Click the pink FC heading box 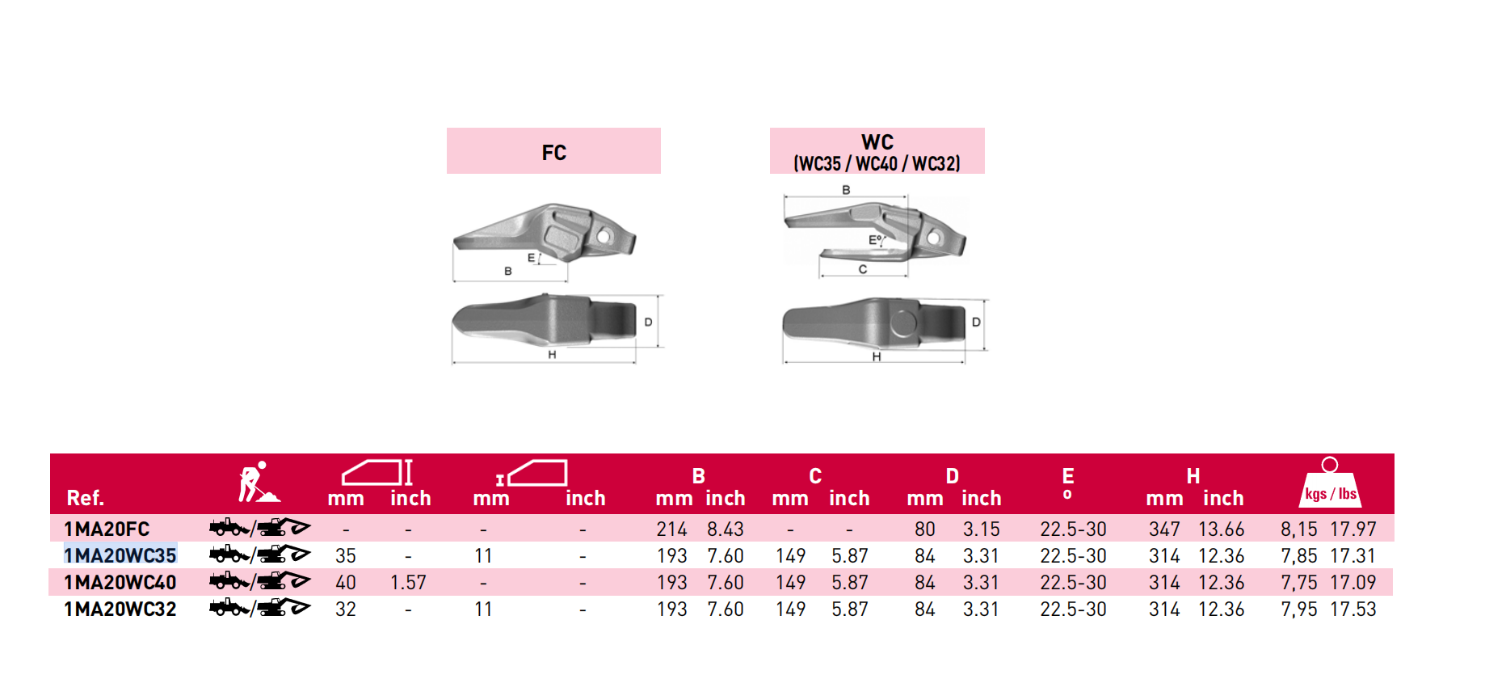pos(553,150)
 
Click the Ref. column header pos(85,498)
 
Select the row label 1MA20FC pos(107,529)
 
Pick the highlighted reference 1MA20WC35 pos(120,556)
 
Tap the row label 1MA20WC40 pos(120,583)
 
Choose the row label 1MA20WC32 pos(120,609)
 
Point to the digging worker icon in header pos(259,483)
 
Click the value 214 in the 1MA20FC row pos(671,529)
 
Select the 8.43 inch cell pos(726,529)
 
